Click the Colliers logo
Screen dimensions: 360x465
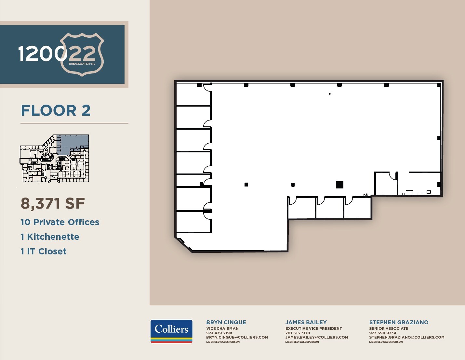171,331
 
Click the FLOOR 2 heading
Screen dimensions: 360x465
56,110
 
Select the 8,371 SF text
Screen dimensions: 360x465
53,204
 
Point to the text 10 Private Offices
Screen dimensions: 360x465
60,222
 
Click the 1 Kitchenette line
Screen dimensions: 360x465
50,237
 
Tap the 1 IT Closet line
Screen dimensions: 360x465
43,251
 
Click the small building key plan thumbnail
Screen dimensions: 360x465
54,158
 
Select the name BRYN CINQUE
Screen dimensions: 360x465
226,322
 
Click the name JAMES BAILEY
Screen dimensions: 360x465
306,322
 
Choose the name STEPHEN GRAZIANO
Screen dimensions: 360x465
399,322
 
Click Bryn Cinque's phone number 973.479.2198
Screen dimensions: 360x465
219,333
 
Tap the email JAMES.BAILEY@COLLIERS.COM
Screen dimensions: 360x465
317,337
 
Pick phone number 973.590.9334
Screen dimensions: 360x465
382,333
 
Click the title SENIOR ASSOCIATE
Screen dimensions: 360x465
389,328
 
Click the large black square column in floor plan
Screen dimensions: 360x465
339,185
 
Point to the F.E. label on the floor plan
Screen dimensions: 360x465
365,195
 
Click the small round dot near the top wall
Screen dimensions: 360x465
330,94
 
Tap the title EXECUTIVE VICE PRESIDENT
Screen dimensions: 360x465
313,328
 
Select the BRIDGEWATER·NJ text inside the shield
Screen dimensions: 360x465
82,64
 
